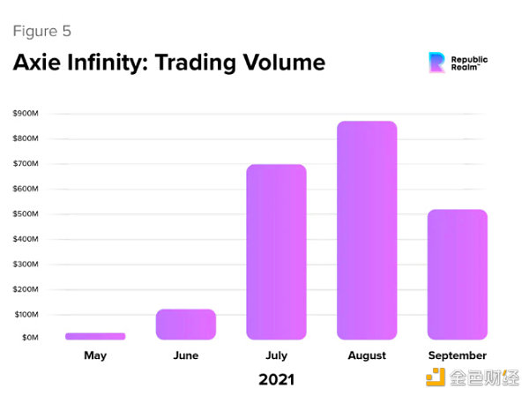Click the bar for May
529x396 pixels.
click(x=95, y=336)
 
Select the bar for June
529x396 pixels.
click(x=186, y=324)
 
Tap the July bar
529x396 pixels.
click(x=276, y=252)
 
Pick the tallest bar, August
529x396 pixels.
click(x=367, y=230)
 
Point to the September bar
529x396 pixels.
click(x=457, y=274)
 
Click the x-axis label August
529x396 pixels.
click(x=367, y=355)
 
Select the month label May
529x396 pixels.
click(x=95, y=355)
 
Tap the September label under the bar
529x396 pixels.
click(x=457, y=355)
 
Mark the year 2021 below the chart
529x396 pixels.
click(x=276, y=380)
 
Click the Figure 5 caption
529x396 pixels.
click(x=41, y=32)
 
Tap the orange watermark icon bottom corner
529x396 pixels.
click(x=436, y=377)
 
